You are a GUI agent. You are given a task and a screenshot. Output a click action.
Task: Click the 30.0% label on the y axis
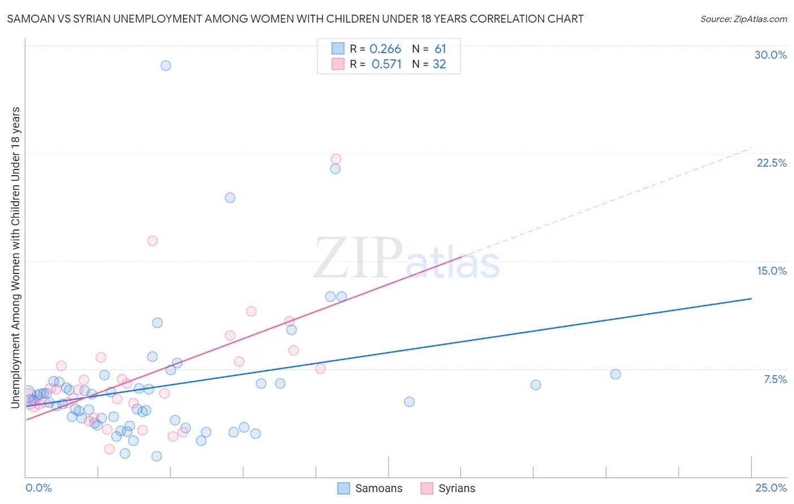click(770, 55)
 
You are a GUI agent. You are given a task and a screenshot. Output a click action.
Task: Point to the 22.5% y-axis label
click(771, 163)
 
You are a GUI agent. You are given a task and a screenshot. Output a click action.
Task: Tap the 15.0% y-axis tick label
click(771, 271)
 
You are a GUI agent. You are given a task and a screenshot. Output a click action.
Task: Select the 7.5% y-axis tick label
click(775, 379)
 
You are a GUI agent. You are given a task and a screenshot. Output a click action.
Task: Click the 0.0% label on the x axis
click(38, 488)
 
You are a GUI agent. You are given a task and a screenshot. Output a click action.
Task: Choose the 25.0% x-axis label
click(771, 488)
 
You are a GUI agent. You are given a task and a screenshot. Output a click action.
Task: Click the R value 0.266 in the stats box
click(385, 49)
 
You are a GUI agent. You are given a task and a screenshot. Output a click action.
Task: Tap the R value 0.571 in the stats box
click(386, 64)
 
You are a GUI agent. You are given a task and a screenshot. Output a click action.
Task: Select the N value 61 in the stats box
click(440, 49)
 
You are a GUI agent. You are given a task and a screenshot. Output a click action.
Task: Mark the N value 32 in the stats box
click(439, 64)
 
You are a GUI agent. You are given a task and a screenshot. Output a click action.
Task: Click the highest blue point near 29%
click(165, 66)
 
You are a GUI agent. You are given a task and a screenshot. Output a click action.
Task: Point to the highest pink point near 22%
click(336, 159)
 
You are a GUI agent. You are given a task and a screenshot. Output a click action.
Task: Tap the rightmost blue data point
click(616, 374)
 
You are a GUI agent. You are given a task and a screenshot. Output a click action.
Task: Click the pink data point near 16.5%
click(152, 241)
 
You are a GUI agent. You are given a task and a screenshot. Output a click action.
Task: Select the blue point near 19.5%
click(230, 198)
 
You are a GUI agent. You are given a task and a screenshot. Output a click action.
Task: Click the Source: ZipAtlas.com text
click(743, 19)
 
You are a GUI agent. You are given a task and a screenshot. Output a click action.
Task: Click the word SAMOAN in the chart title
click(29, 19)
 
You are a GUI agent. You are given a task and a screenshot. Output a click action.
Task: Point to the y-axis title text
click(15, 257)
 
